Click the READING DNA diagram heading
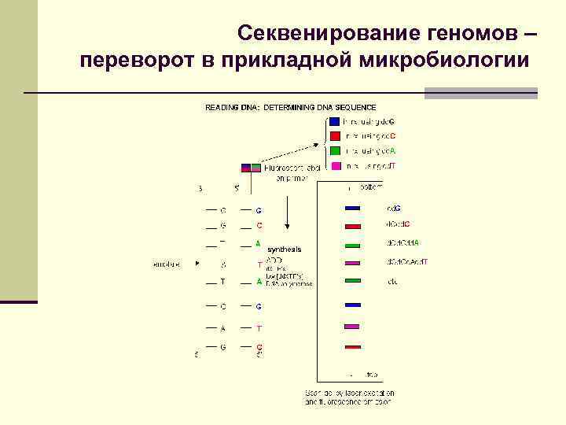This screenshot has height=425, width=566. [x=291, y=107]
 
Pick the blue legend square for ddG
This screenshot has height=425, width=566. [x=335, y=121]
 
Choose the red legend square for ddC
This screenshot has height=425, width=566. [x=335, y=135]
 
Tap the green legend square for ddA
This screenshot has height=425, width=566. [x=335, y=150]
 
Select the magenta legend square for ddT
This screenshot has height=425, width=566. [x=335, y=165]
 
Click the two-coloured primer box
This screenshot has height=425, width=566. [x=251, y=168]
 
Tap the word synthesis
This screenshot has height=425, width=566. [x=284, y=249]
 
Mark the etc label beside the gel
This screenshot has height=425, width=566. [x=391, y=281]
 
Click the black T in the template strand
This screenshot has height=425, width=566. [x=223, y=282]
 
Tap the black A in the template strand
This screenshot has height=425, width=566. [x=223, y=328]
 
